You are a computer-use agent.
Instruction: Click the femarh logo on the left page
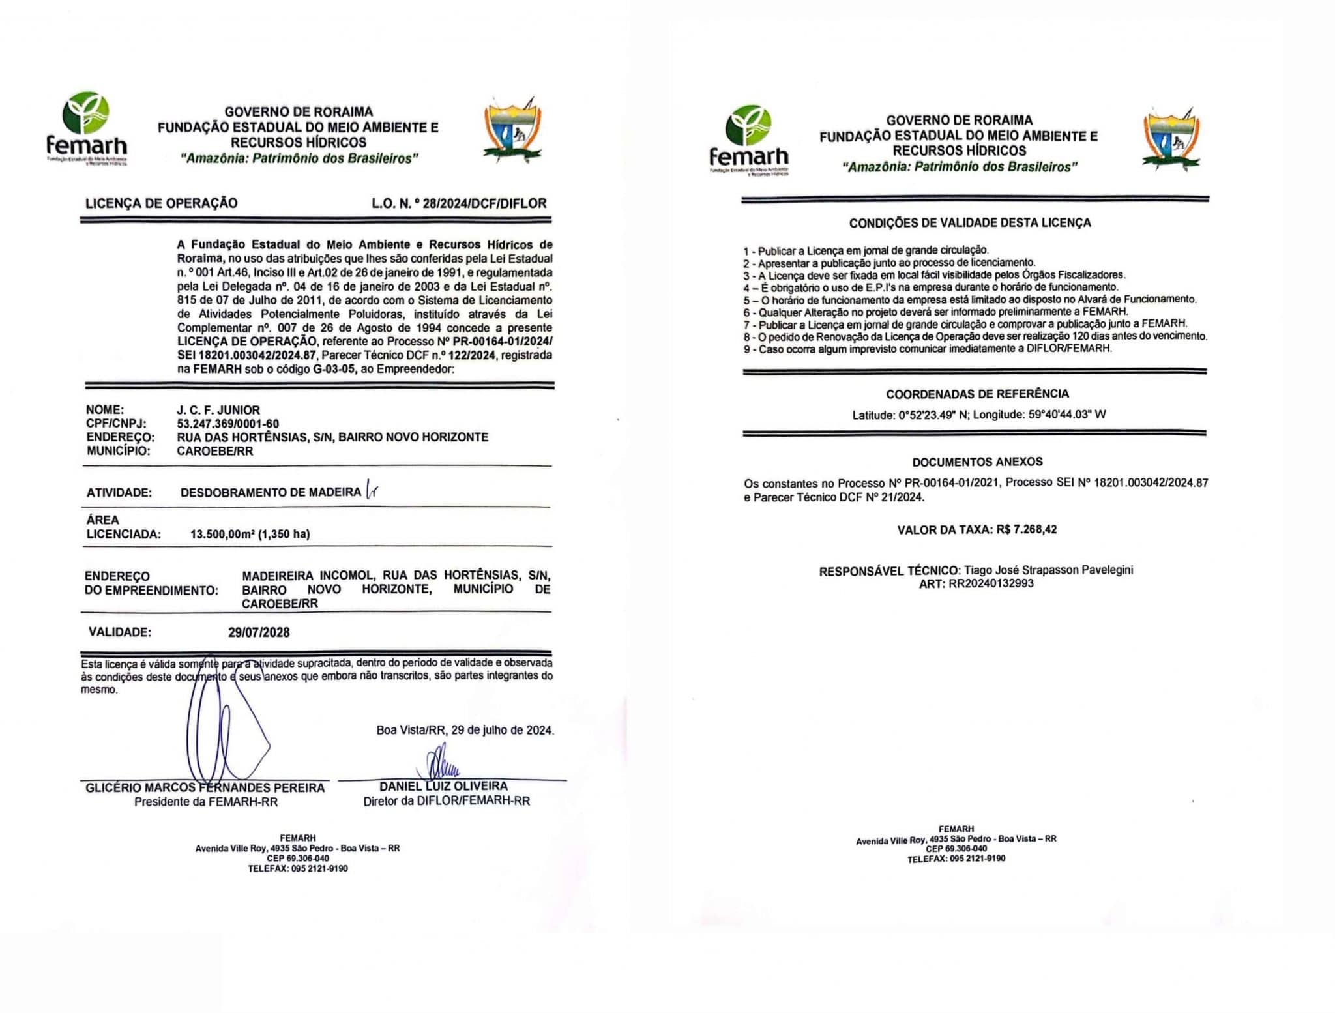pos(87,128)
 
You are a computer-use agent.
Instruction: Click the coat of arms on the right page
pos(1171,139)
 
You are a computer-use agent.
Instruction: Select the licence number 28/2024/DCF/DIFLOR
pos(484,203)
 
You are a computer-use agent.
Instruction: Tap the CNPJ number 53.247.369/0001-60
pos(228,424)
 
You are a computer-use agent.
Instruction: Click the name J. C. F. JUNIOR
pos(218,410)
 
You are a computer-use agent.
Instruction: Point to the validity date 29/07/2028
pos(259,632)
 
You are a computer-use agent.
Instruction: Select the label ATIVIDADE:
pos(119,493)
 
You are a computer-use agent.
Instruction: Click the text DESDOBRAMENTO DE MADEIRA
pos(271,492)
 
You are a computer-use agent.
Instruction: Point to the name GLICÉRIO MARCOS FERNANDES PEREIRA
pos(205,788)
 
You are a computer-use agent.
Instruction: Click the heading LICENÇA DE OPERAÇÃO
pos(162,203)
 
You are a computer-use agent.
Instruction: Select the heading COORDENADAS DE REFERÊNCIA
pos(977,394)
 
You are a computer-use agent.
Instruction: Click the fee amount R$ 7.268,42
pos(1026,529)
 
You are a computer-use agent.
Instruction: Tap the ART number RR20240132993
pos(991,583)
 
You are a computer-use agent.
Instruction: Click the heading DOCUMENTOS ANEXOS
pos(977,462)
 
